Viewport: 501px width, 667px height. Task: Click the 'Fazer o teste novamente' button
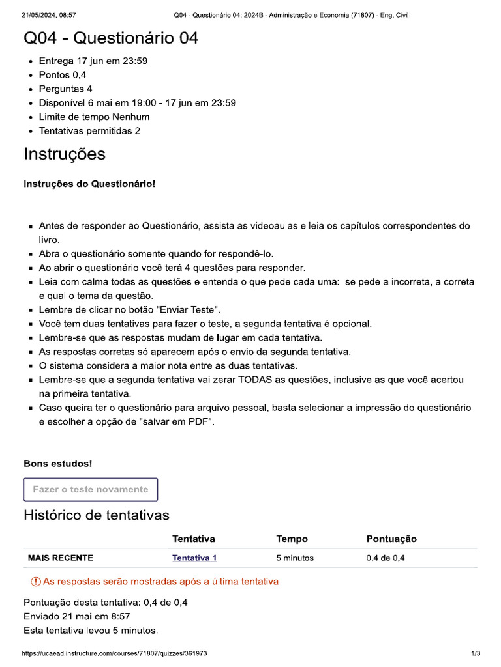click(91, 489)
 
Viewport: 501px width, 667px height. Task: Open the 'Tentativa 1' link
click(194, 558)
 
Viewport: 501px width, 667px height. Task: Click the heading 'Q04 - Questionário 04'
click(111, 38)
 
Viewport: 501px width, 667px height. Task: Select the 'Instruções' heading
click(65, 154)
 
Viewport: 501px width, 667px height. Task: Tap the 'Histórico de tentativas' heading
click(97, 515)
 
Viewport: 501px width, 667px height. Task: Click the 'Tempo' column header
click(292, 539)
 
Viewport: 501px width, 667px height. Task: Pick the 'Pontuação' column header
click(391, 539)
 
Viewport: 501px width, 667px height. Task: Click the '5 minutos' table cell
click(295, 558)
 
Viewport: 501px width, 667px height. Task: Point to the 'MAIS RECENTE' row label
click(61, 558)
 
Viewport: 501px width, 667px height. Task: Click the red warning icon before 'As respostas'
click(36, 581)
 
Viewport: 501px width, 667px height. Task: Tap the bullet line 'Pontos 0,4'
click(63, 75)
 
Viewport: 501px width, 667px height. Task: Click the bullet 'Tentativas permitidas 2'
click(89, 131)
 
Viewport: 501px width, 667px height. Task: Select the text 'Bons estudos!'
click(58, 464)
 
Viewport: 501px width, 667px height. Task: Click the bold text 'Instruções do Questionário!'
click(90, 184)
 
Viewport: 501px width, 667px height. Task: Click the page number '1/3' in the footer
click(476, 653)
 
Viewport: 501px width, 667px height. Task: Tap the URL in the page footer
click(115, 653)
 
